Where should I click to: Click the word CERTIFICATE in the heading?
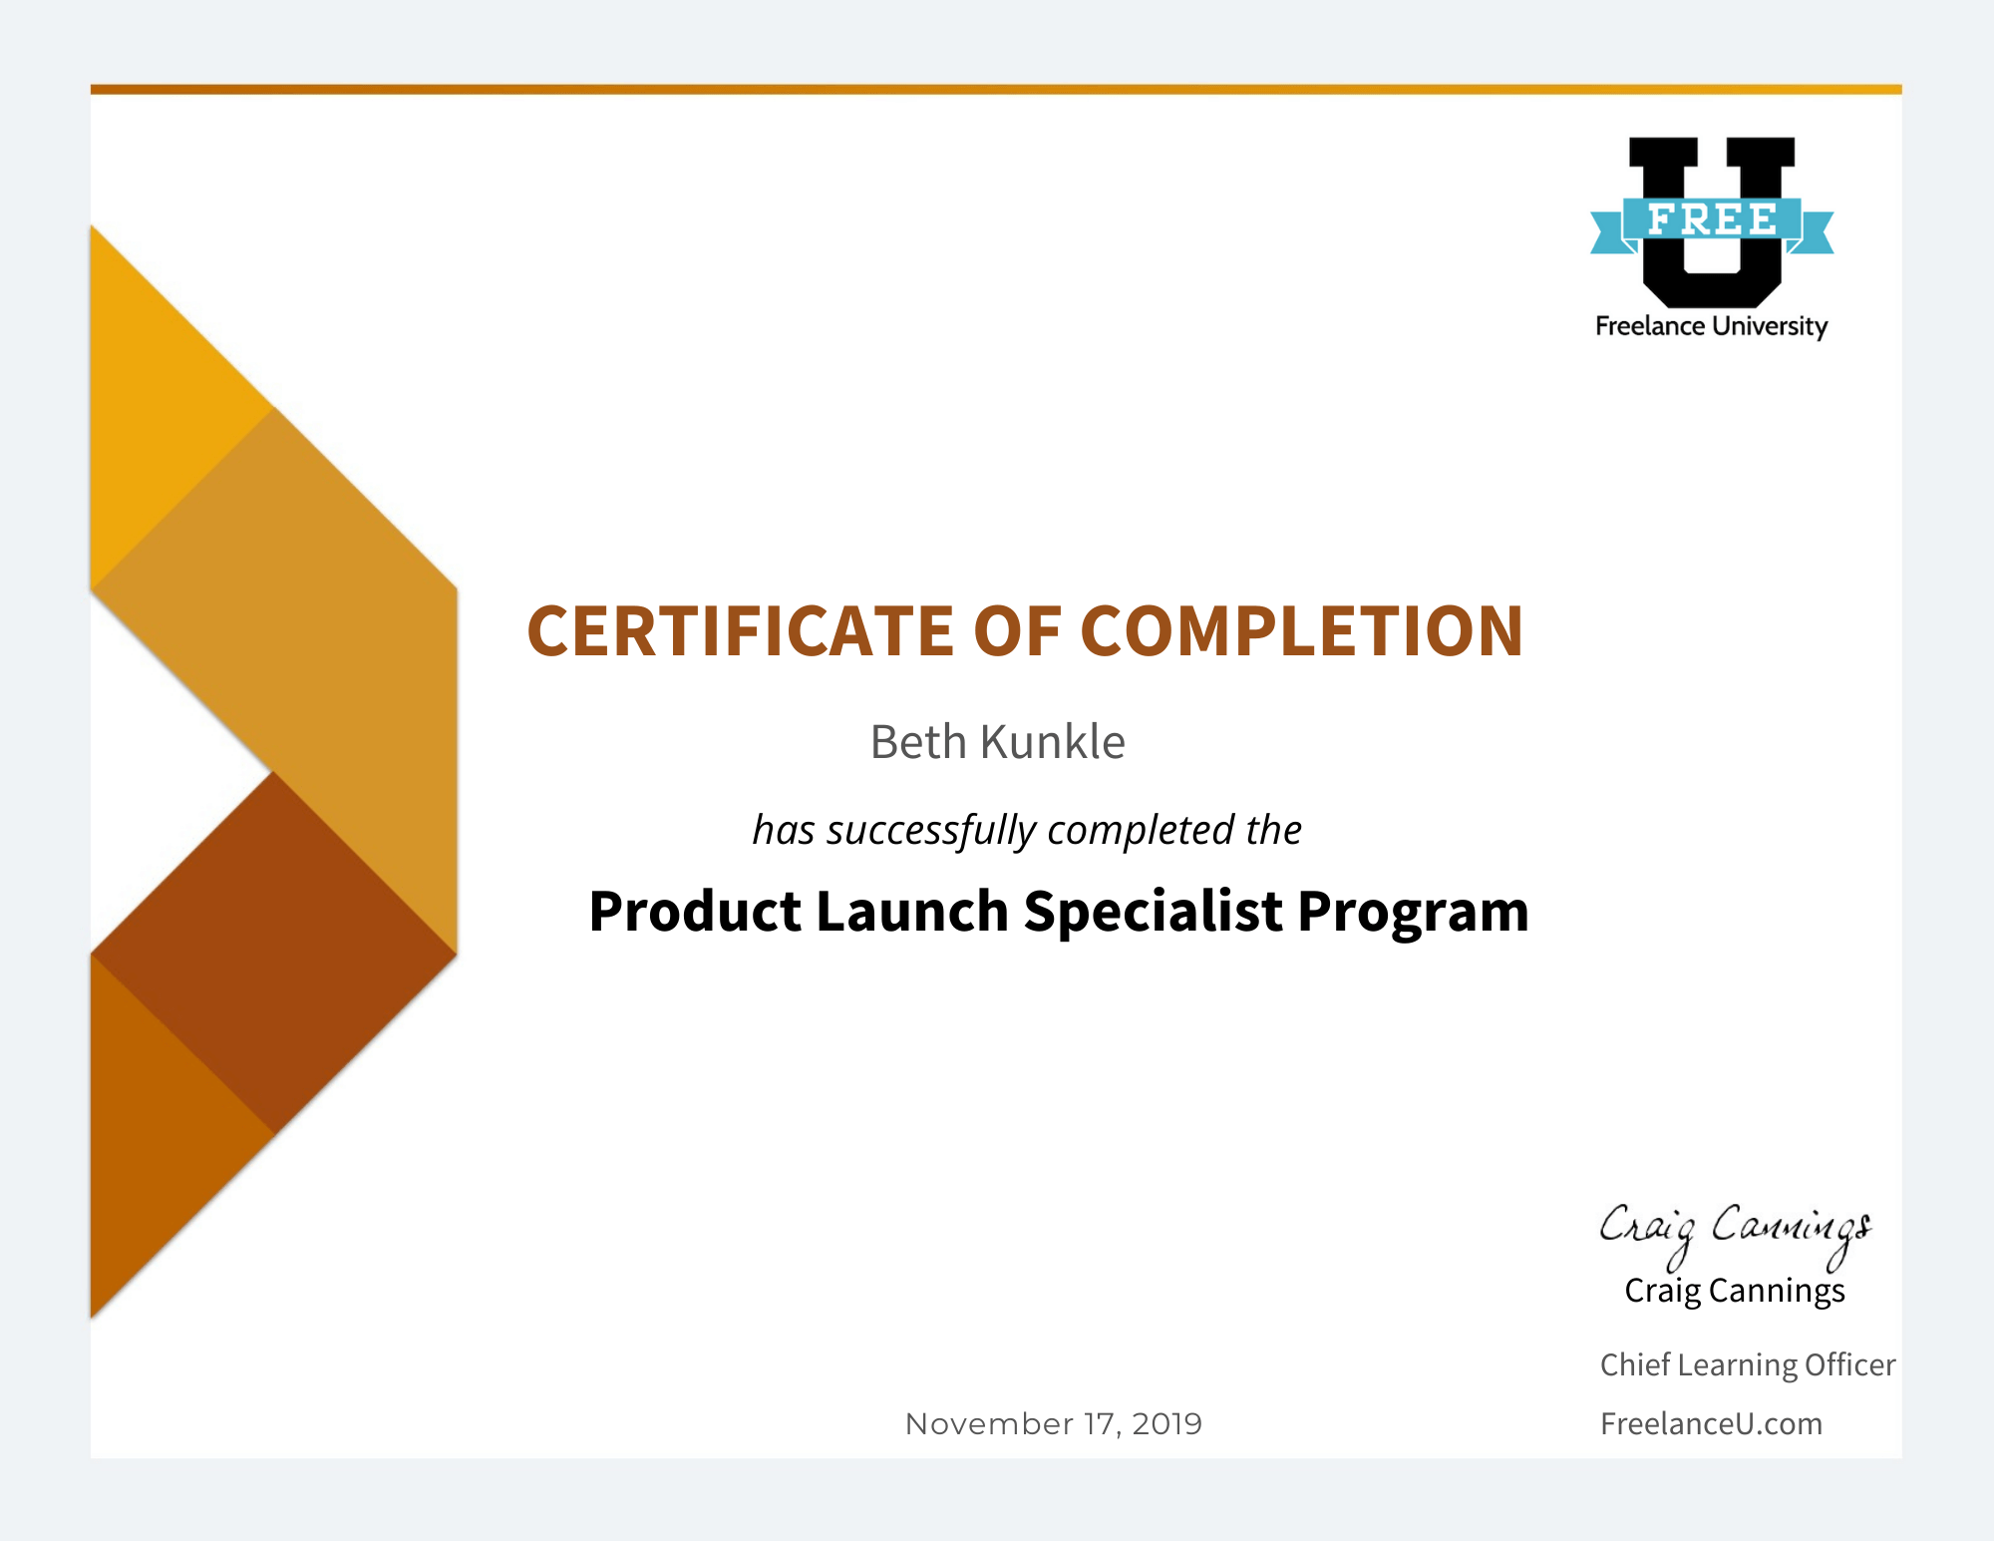tap(740, 631)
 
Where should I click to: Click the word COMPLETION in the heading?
tap(1301, 631)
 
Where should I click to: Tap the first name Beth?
tap(918, 742)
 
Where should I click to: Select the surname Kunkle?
tap(1053, 742)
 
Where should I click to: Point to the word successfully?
tap(931, 831)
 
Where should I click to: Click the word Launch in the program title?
tap(911, 911)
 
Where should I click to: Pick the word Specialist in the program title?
tap(1153, 912)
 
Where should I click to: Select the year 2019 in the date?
tap(1166, 1423)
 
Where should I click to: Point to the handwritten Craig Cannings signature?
tap(1735, 1233)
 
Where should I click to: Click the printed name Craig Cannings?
tap(1735, 1291)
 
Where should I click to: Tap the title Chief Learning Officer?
tap(1748, 1364)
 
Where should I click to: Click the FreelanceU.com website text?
tap(1711, 1423)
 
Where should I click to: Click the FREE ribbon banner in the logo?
tap(1712, 221)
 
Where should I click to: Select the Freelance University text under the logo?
tap(1712, 327)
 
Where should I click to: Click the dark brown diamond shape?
tap(274, 954)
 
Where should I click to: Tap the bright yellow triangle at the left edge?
tap(160, 407)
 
